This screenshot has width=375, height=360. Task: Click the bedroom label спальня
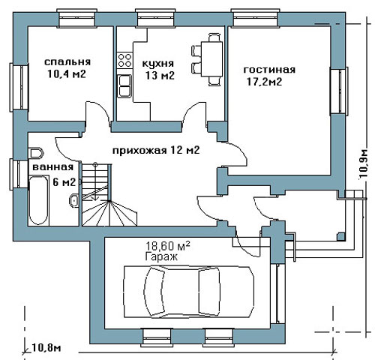click(x=67, y=62)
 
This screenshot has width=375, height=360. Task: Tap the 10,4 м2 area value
click(x=67, y=74)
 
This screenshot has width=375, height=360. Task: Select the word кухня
click(x=158, y=63)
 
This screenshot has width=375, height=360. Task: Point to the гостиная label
click(x=269, y=70)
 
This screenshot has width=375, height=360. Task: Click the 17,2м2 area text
click(x=265, y=82)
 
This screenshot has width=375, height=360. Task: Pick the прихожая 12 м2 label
click(x=156, y=150)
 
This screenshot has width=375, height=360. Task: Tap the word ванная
click(x=53, y=167)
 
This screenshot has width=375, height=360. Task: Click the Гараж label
click(x=161, y=256)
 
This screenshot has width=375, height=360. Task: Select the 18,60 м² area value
click(x=168, y=246)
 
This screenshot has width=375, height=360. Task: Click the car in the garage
click(x=189, y=292)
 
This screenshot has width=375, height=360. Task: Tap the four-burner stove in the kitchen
click(x=124, y=60)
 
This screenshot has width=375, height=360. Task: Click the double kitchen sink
click(x=124, y=85)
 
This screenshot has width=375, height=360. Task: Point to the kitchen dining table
click(x=212, y=59)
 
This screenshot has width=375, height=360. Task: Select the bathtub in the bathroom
click(x=39, y=200)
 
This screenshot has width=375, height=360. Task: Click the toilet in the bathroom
click(x=36, y=153)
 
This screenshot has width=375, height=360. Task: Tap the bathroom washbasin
click(x=74, y=200)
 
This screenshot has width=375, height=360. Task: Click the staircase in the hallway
click(x=109, y=195)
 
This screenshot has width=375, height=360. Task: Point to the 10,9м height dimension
click(x=364, y=163)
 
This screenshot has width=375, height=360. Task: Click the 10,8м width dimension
click(x=46, y=347)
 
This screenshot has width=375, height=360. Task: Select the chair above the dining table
click(x=214, y=37)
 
